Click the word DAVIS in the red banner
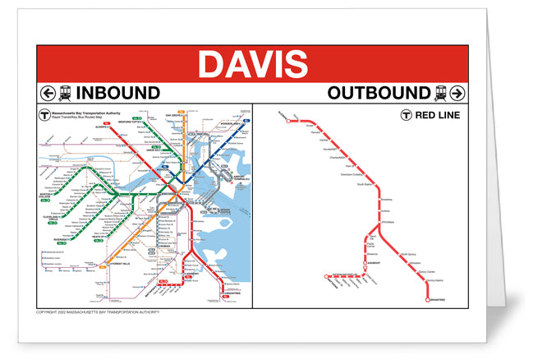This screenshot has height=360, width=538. [x=253, y=63]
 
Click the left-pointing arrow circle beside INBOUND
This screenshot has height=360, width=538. [x=47, y=93]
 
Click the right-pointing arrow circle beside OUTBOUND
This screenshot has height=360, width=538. [x=458, y=93]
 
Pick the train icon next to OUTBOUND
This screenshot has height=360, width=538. [x=440, y=93]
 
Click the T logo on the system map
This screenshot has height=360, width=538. [x=44, y=116]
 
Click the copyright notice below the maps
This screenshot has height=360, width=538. [x=99, y=313]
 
